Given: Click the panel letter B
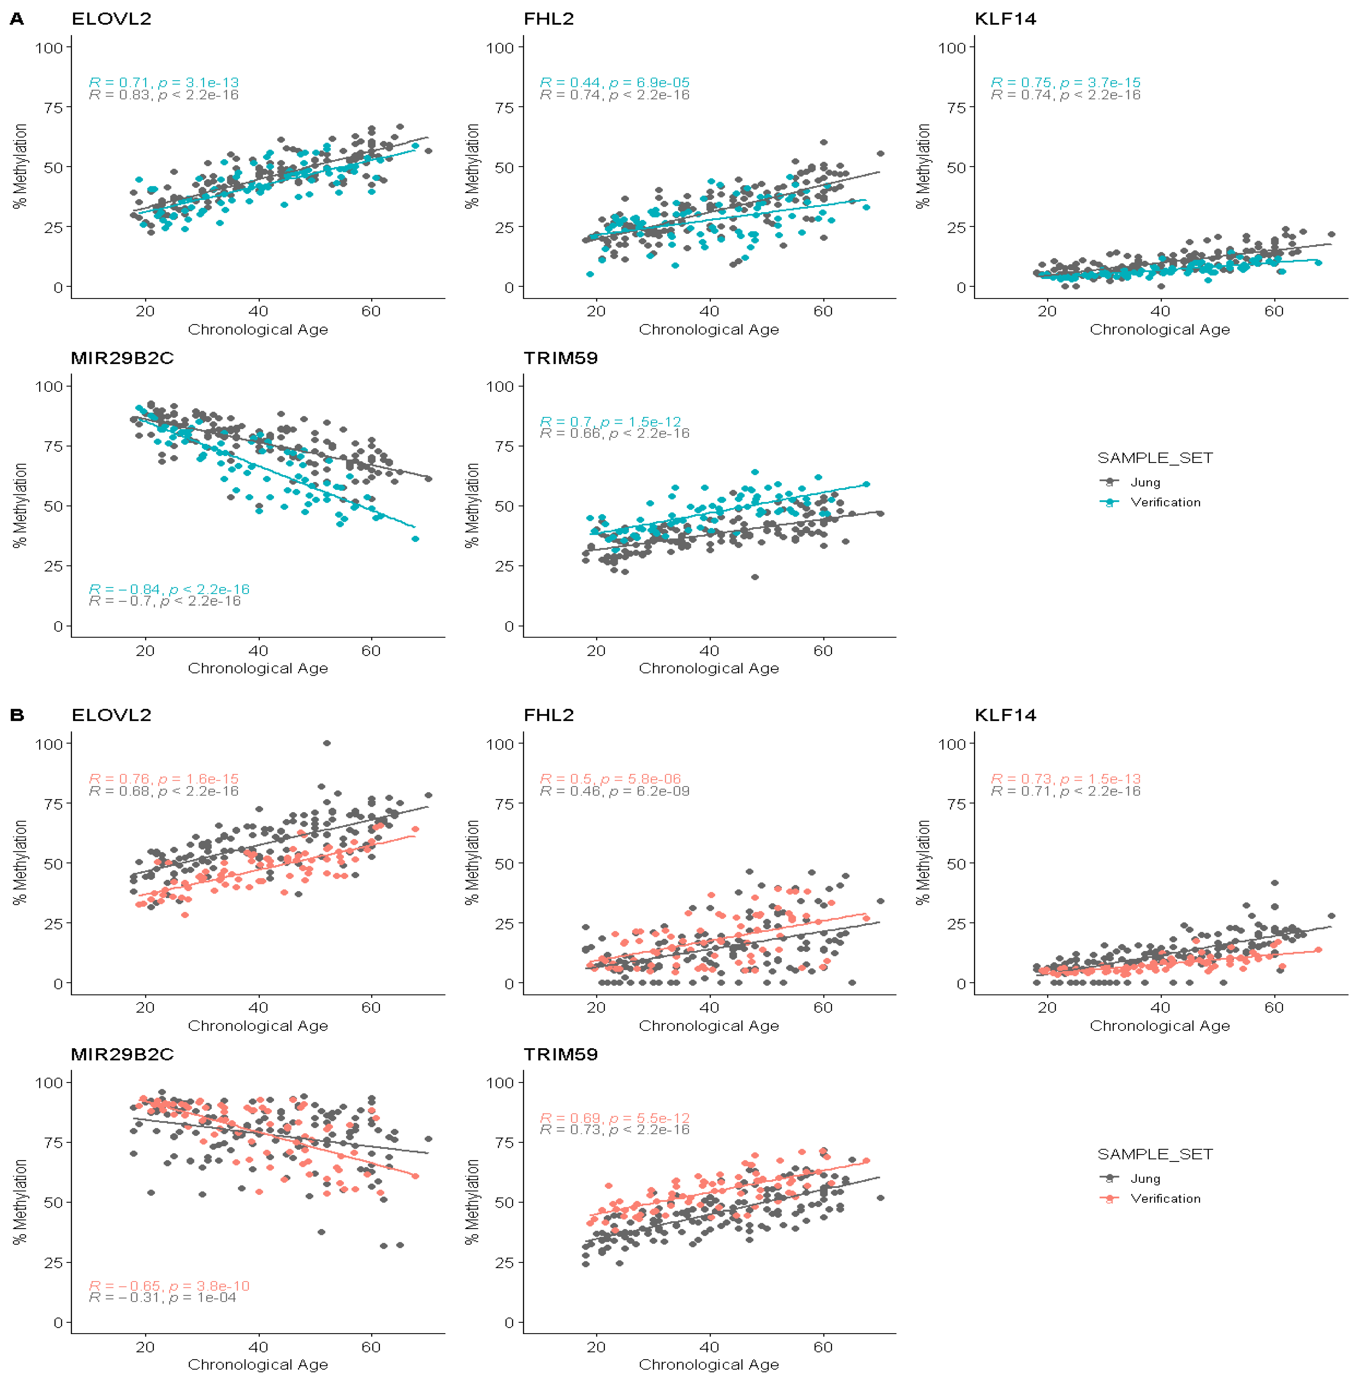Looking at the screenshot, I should click(x=16, y=715).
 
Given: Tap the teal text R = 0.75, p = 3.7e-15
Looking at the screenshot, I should click(x=1066, y=82).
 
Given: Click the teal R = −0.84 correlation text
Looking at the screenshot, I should click(x=169, y=589).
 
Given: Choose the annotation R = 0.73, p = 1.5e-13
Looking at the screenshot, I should click(x=1066, y=778).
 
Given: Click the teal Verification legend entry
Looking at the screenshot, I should click(x=1165, y=502).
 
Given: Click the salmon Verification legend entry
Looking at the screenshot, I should click(x=1165, y=1198).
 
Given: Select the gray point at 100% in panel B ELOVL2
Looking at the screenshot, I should click(x=327, y=743).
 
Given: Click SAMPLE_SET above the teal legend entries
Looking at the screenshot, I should click(x=1155, y=458).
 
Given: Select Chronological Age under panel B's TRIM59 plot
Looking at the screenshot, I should click(x=708, y=1364).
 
